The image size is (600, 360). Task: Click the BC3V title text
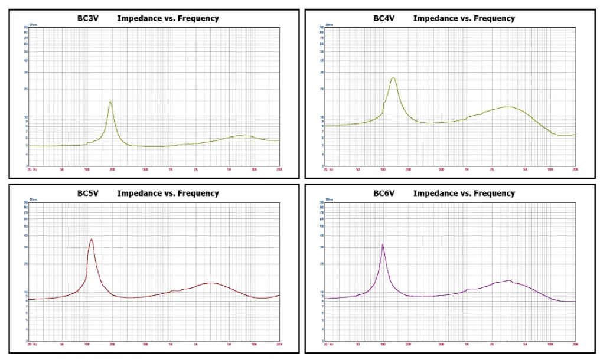[87, 18]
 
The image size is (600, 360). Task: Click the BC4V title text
[384, 18]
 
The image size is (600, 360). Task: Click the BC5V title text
[87, 193]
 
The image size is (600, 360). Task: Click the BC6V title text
[384, 193]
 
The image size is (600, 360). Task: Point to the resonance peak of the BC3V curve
[110, 102]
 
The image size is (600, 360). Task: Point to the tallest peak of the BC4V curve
[393, 77]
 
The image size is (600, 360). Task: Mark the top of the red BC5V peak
[91, 239]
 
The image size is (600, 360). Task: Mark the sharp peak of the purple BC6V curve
[383, 244]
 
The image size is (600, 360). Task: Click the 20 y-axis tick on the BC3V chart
[25, 89]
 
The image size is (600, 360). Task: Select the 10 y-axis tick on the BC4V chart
[322, 117]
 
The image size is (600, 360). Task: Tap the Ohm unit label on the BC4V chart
[330, 25]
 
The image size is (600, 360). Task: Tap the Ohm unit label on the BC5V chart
[33, 199]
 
